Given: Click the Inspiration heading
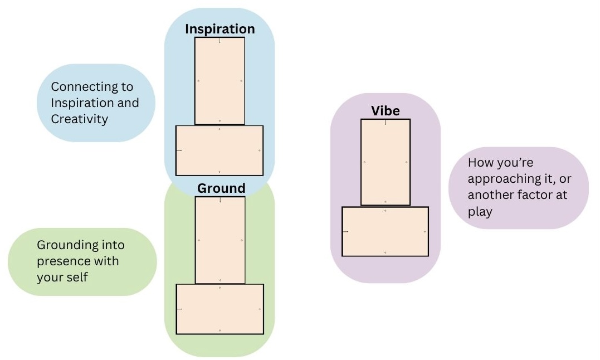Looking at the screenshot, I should coord(219,29).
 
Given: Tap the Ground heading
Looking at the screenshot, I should coord(221,188).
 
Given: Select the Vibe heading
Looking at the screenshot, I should coord(385,111).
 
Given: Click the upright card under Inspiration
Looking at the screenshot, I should coord(219,81).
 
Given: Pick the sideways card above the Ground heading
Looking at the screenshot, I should coord(219,150).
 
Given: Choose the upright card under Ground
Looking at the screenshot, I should coord(220,240).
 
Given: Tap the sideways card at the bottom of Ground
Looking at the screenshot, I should coord(220,309).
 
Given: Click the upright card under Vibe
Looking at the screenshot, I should coord(386,162).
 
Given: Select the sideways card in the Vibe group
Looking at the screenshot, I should coord(385,231).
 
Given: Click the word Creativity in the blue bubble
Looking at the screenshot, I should coord(79,119).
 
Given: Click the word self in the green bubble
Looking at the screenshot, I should coord(76,276).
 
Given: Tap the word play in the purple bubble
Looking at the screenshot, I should coord(480,212).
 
